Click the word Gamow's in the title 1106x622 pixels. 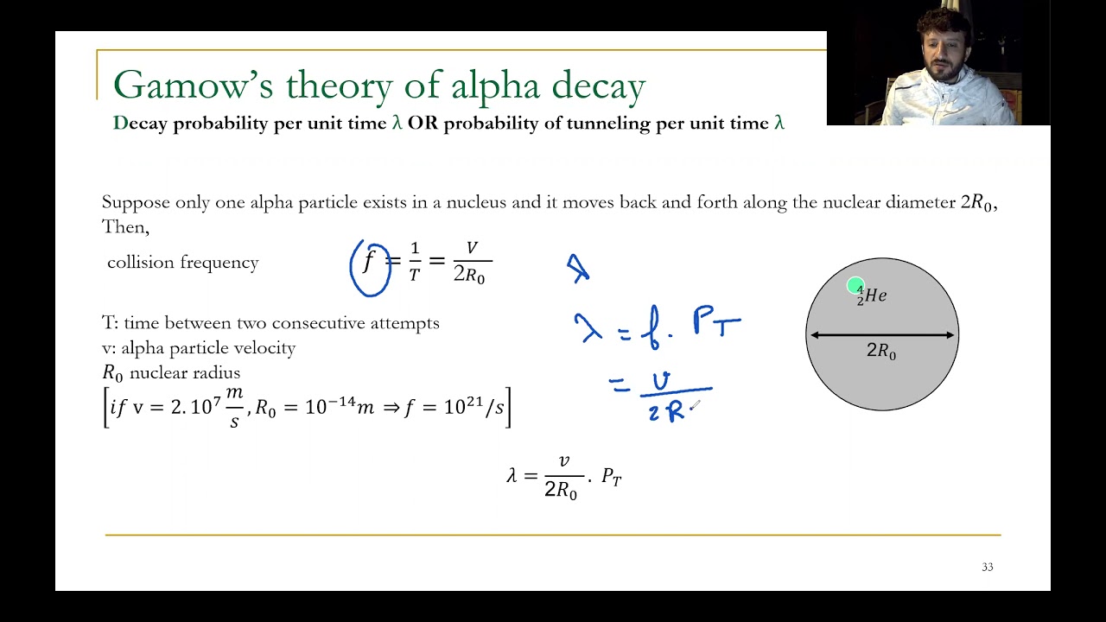point(194,86)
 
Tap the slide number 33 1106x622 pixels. point(988,567)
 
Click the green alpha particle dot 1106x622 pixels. point(855,286)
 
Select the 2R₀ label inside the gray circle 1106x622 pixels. point(881,352)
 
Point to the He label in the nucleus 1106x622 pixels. point(875,295)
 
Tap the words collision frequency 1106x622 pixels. point(182,263)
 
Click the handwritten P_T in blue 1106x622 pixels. point(715,324)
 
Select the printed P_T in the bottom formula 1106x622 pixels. point(611,477)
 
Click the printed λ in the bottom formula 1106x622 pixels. point(512,475)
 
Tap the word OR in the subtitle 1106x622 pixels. point(423,123)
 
